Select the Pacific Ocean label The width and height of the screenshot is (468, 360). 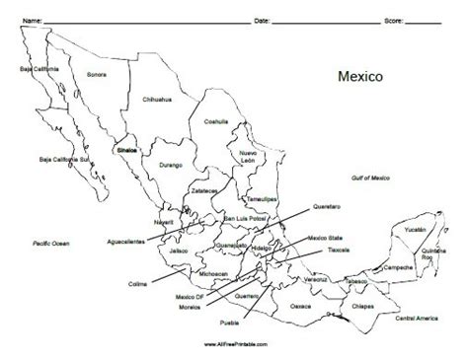click(x=47, y=242)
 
